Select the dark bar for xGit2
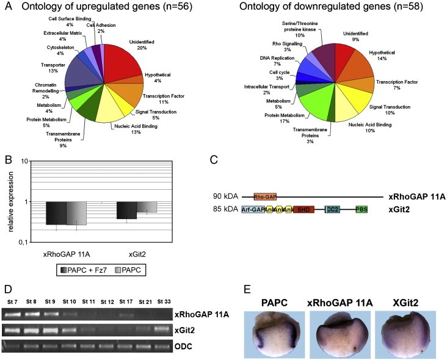coord(126,210)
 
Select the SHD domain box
coord(303,209)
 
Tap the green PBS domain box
coord(362,209)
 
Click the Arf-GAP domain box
coord(253,209)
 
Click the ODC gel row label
coord(184,346)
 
